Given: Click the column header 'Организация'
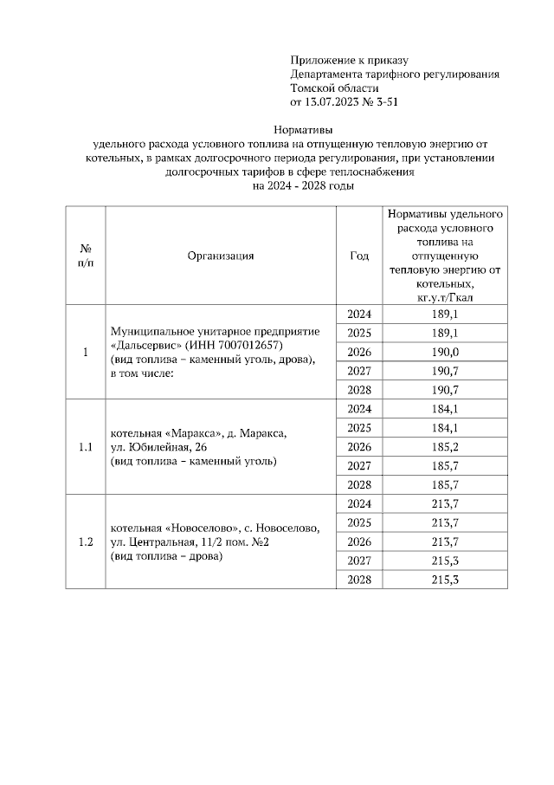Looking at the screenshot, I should [220, 256].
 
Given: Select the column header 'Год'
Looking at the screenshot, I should [359, 256].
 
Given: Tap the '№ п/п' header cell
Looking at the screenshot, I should [86, 256].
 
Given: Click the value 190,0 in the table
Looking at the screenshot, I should [444, 351].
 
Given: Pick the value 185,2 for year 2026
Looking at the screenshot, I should [444, 446].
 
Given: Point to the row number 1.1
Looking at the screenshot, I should [86, 447].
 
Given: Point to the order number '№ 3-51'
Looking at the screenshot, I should [382, 102].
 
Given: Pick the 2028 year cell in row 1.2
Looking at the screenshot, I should [358, 579].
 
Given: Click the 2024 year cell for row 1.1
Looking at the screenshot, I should [358, 409].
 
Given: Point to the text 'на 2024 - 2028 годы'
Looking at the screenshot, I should [302, 185].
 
